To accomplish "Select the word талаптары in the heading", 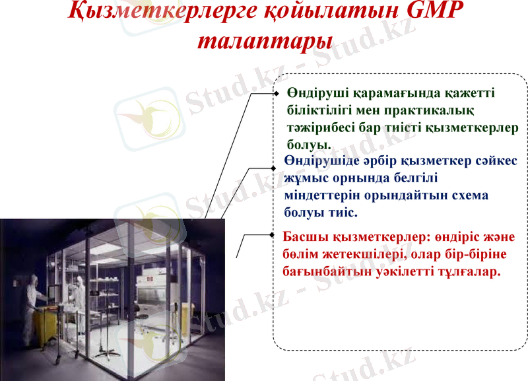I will pos(265,41).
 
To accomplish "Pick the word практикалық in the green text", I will pos(429,110).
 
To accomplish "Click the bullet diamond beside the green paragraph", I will pos(277,94).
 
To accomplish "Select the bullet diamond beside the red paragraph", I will pos(271,234).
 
